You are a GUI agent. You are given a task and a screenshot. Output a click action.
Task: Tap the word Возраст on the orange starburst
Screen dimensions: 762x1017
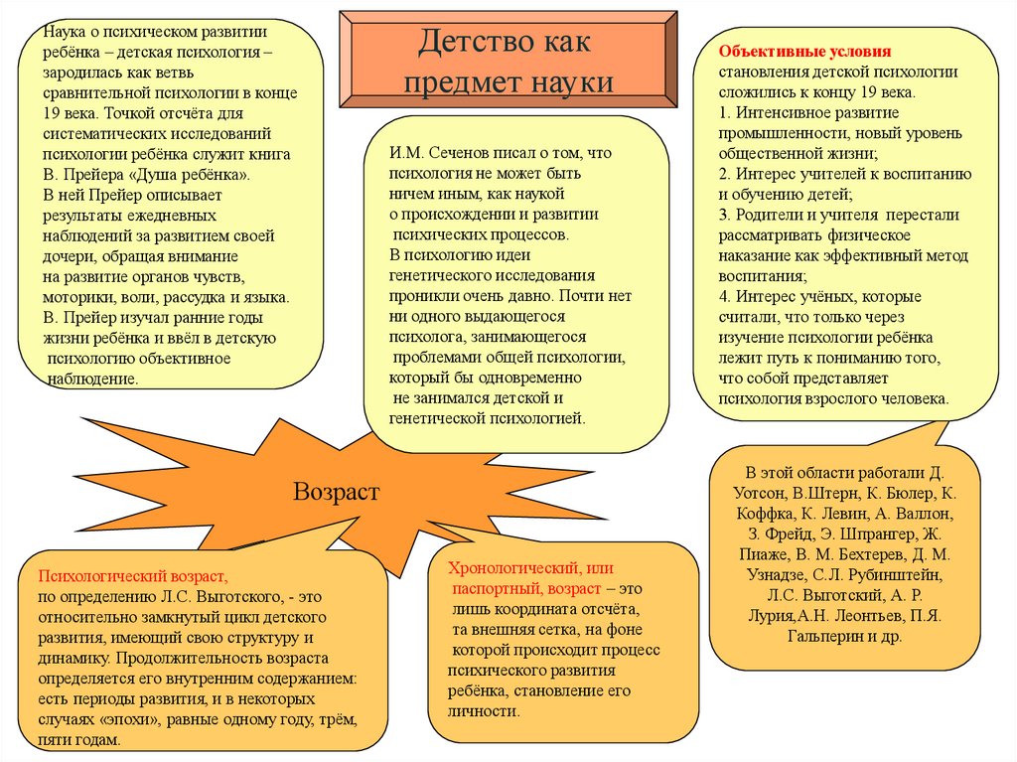pos(336,492)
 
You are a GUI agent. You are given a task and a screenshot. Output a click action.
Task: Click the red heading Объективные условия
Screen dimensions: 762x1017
pos(805,50)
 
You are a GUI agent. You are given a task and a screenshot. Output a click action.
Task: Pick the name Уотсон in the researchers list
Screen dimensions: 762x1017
pos(770,492)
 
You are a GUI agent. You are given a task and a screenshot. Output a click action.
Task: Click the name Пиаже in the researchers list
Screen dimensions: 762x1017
pos(759,554)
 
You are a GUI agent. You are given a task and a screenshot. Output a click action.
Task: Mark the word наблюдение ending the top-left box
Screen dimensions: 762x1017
pos(92,379)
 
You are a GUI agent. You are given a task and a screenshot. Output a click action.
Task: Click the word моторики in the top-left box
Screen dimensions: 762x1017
pos(77,297)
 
